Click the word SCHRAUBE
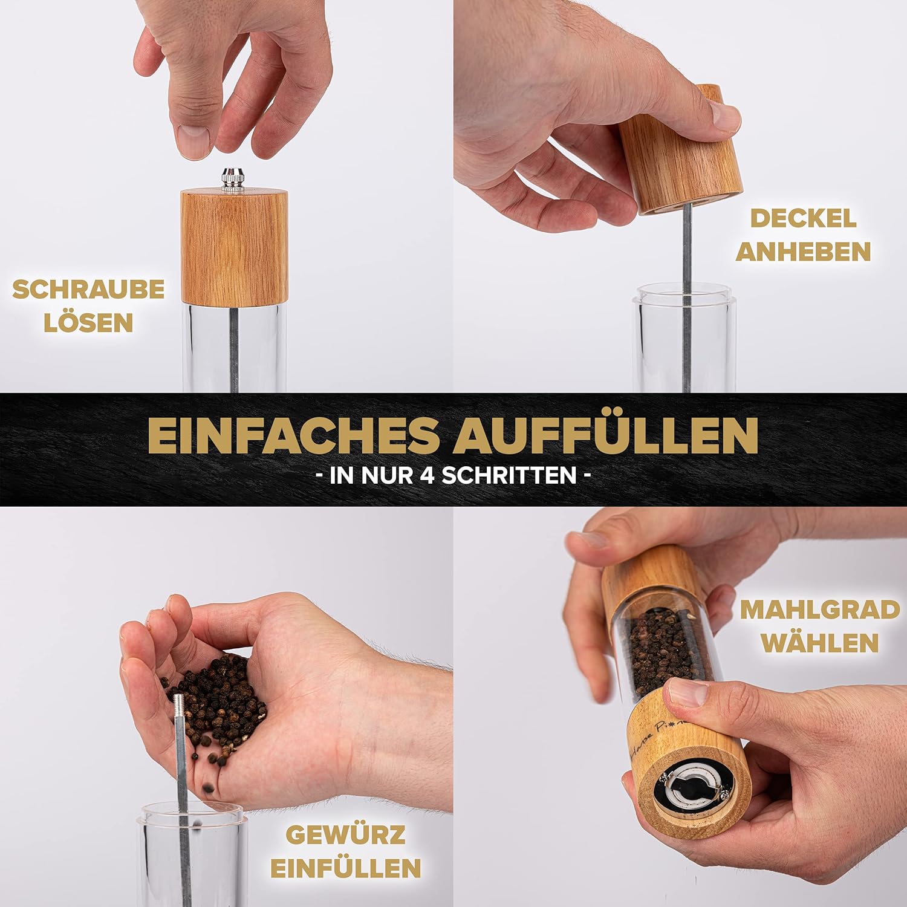coord(88,289)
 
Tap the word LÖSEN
coord(88,322)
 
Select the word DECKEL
coord(804,218)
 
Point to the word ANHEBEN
coord(804,252)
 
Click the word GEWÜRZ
coord(345,835)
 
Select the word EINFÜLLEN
coord(345,868)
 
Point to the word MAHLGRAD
coord(820,610)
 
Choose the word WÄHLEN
coord(820,643)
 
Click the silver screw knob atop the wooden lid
coord(232,180)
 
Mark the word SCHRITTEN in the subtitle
coord(509,475)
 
